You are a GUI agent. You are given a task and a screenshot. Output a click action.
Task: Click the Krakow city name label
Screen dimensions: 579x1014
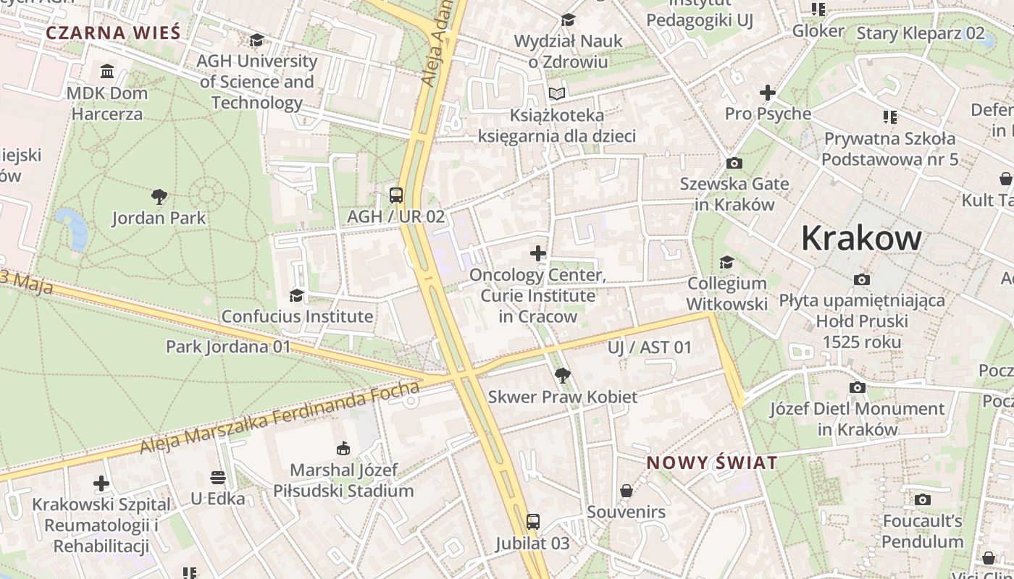(x=861, y=238)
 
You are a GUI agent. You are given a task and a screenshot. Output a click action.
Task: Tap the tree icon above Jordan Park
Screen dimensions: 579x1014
(x=159, y=196)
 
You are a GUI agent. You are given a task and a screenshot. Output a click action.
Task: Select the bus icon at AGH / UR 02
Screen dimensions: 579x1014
(x=395, y=195)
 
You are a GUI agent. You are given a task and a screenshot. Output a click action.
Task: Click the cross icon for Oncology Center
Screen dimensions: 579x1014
(x=537, y=253)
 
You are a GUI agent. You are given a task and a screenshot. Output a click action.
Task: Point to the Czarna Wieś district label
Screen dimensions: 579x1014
(x=113, y=33)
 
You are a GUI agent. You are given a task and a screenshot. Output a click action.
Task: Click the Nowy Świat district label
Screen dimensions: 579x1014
(x=711, y=462)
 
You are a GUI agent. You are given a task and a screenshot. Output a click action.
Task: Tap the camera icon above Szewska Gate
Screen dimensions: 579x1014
(x=734, y=163)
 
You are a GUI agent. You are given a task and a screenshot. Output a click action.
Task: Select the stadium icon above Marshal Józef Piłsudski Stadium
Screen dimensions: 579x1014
(x=343, y=449)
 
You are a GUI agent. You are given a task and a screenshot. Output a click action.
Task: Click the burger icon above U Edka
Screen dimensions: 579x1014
(x=218, y=478)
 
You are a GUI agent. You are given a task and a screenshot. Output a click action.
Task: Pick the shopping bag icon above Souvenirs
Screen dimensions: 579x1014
(x=627, y=491)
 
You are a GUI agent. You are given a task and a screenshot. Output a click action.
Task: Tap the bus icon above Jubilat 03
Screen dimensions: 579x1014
(x=532, y=522)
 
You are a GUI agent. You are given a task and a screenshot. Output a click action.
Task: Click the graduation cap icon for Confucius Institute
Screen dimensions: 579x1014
(x=296, y=295)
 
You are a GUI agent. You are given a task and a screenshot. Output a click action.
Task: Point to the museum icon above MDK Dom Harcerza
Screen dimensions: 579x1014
(x=107, y=71)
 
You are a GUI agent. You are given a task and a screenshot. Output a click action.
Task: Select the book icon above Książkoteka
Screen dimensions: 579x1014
(x=556, y=93)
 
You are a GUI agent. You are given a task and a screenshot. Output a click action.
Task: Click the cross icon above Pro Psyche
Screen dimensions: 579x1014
(x=768, y=93)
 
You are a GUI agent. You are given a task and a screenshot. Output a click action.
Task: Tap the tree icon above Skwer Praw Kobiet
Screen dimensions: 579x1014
(x=562, y=375)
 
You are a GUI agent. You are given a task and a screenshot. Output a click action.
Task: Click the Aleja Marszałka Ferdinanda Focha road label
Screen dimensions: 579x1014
(x=280, y=419)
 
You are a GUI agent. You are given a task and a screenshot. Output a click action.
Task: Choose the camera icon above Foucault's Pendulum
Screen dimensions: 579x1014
(x=922, y=499)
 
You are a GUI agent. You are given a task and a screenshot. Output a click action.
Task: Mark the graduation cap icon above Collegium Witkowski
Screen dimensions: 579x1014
(x=726, y=262)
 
